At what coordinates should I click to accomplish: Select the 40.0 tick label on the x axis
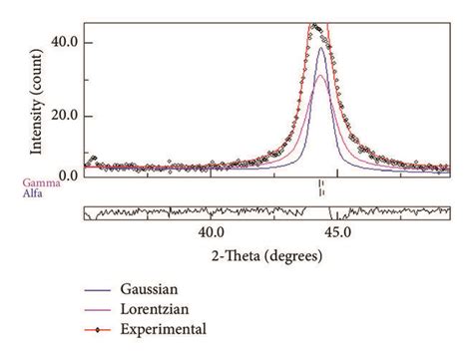[x=212, y=231]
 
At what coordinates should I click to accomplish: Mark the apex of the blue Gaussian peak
[x=320, y=48]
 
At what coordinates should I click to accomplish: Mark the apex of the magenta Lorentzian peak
[x=320, y=76]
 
